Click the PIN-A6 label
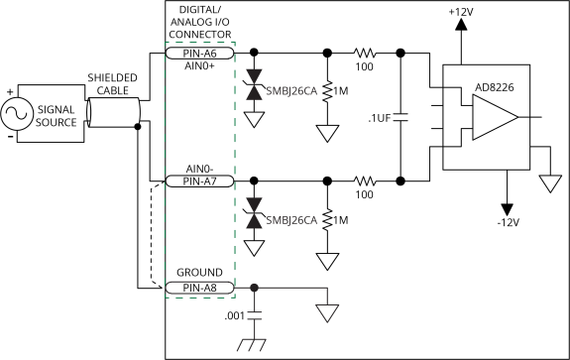(199, 53)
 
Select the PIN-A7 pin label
(199, 181)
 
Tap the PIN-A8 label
(199, 288)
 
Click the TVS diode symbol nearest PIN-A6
(255, 84)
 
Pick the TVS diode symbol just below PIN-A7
(255, 213)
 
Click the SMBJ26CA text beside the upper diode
(291, 91)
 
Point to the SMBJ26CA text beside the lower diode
(291, 220)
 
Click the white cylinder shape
(113, 112)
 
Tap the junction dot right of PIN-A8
(255, 288)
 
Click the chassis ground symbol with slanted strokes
(254, 345)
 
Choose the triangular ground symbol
(327, 312)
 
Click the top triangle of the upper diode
(255, 76)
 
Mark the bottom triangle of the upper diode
(255, 92)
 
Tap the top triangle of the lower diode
(255, 205)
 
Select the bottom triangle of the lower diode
(255, 221)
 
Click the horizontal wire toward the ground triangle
(292, 288)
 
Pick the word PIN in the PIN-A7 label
(191, 181)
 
